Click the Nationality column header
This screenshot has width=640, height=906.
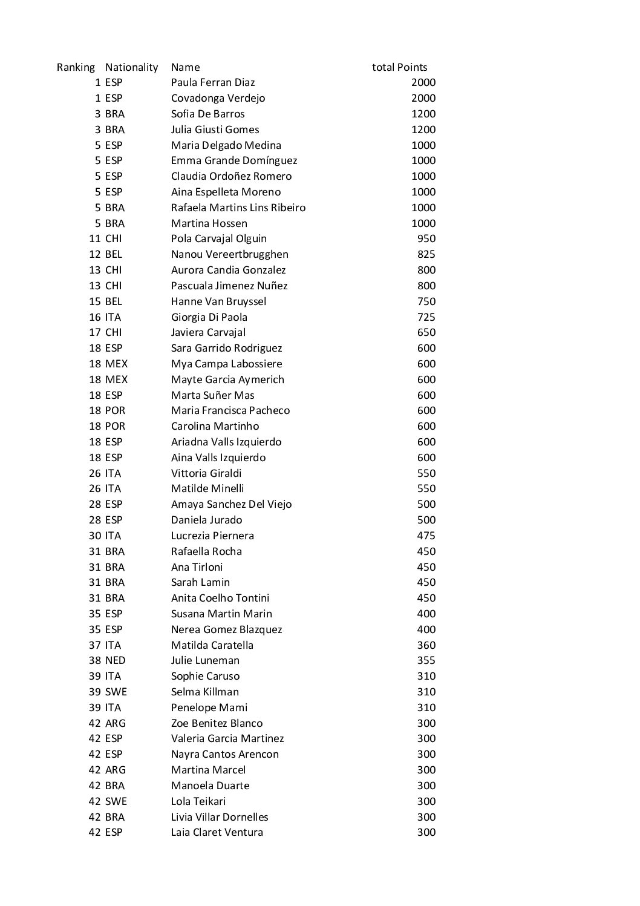(x=131, y=67)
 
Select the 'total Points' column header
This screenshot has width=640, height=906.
(x=399, y=67)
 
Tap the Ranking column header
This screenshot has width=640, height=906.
(x=76, y=67)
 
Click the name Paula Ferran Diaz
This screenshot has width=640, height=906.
(x=213, y=83)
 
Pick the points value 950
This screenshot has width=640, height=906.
(x=426, y=239)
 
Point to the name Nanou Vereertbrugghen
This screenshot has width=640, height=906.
(x=229, y=255)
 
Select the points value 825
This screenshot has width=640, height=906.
(x=426, y=255)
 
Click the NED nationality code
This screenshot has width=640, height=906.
(x=115, y=661)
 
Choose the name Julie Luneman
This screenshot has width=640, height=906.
(x=205, y=661)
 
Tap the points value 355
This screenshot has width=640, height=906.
(x=426, y=661)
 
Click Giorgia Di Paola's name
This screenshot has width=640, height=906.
(x=209, y=317)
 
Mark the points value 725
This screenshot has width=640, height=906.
(x=426, y=317)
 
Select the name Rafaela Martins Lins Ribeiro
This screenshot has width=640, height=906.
(x=238, y=208)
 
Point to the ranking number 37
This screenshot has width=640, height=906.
(x=95, y=645)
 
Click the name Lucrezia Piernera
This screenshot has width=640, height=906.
(x=212, y=536)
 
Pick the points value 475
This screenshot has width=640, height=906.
(x=426, y=536)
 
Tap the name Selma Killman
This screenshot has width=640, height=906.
(x=204, y=692)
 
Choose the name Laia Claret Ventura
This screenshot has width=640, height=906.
(x=217, y=833)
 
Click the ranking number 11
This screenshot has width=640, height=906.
(x=95, y=239)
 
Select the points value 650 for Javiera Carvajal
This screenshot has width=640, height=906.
(x=426, y=333)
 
